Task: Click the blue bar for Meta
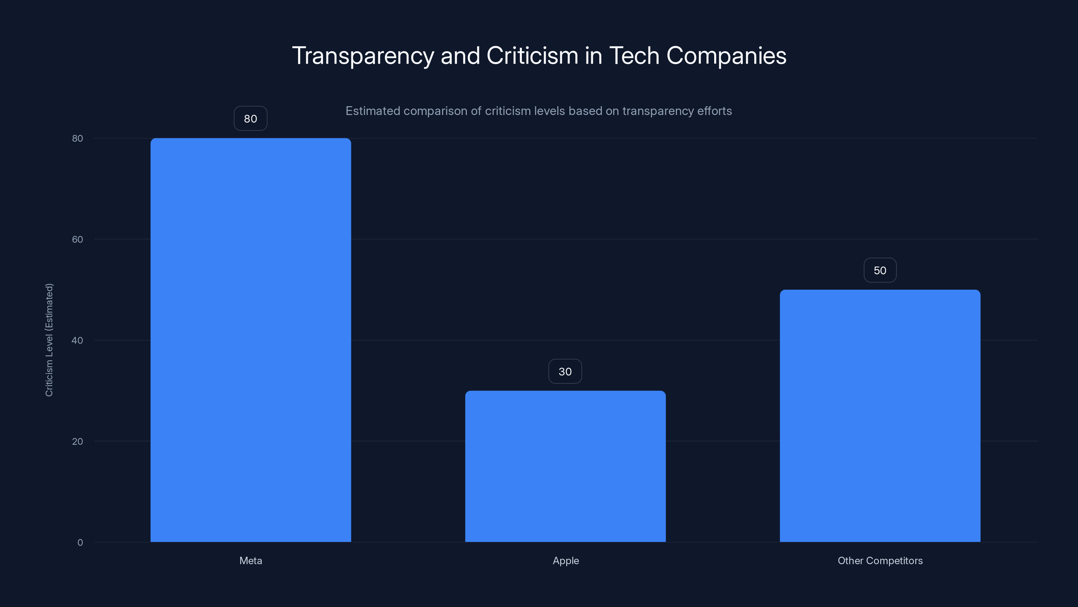pos(251,340)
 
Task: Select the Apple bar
pos(565,466)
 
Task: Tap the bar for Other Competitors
pos(880,415)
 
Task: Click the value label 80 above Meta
pos(250,119)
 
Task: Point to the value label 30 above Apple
pos(565,372)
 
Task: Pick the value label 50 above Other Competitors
pos(880,270)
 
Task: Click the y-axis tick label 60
pos(77,239)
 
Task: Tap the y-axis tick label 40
pos(77,340)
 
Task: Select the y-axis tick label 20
pos(77,441)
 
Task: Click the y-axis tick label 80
pos(77,138)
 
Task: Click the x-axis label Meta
pos(251,560)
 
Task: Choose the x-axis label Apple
pos(566,560)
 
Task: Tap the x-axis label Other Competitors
pos(880,560)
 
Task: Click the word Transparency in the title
pos(362,56)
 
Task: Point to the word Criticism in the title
pos(532,56)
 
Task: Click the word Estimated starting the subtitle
pos(373,111)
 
